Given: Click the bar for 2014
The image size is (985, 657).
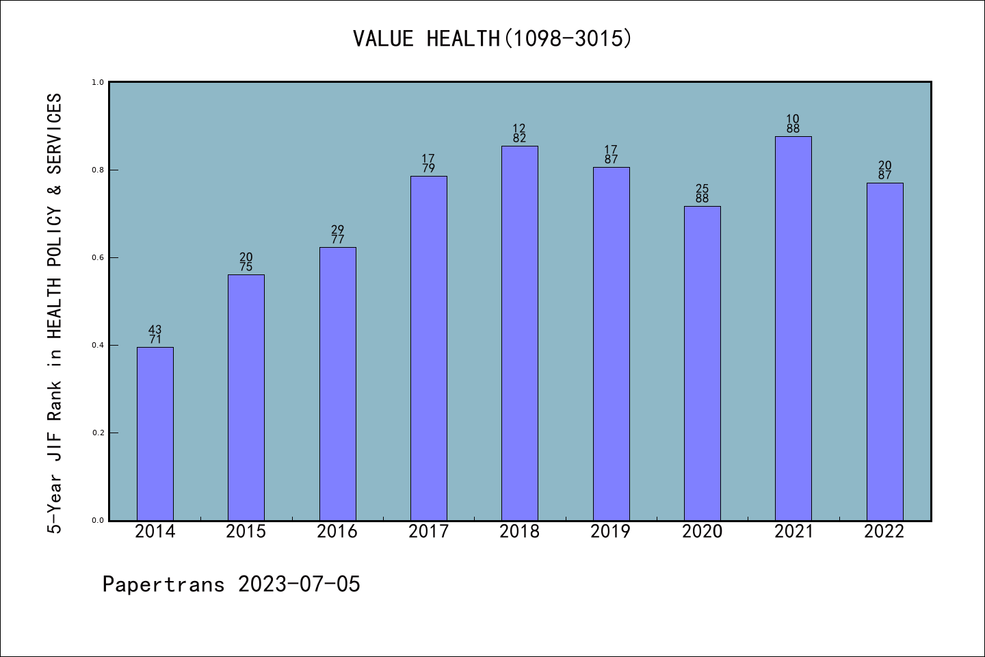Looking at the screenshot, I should click(155, 434).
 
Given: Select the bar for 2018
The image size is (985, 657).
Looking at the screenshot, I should click(520, 333).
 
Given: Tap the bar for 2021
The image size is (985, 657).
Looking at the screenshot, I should click(793, 328).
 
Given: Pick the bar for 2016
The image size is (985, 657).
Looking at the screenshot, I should click(338, 384).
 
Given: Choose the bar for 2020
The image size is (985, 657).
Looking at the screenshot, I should click(702, 363).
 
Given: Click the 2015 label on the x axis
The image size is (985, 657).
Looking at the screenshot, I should click(246, 531).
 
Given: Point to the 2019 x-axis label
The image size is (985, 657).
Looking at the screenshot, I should click(611, 531).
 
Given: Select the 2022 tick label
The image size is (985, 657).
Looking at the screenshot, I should click(884, 531).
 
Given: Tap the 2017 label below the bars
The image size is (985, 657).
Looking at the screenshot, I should click(428, 531).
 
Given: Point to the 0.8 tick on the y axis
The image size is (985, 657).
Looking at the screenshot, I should click(98, 170).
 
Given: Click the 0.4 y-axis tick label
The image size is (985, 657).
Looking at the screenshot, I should click(98, 345).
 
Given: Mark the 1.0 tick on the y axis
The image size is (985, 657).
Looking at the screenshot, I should click(98, 82).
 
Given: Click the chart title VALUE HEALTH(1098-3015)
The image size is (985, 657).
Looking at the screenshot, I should click(492, 38).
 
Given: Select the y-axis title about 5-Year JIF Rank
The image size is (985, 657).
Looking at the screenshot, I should click(55, 313).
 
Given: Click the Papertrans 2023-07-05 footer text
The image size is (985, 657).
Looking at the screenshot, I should click(231, 584).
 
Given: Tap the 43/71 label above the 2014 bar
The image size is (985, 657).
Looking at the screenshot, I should click(155, 335).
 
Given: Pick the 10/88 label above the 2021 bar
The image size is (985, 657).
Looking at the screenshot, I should click(793, 124).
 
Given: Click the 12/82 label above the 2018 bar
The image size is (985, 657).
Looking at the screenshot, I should click(520, 133).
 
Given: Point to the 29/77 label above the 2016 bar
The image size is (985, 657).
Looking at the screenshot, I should click(338, 235).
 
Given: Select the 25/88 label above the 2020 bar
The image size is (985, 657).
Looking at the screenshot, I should click(702, 194).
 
